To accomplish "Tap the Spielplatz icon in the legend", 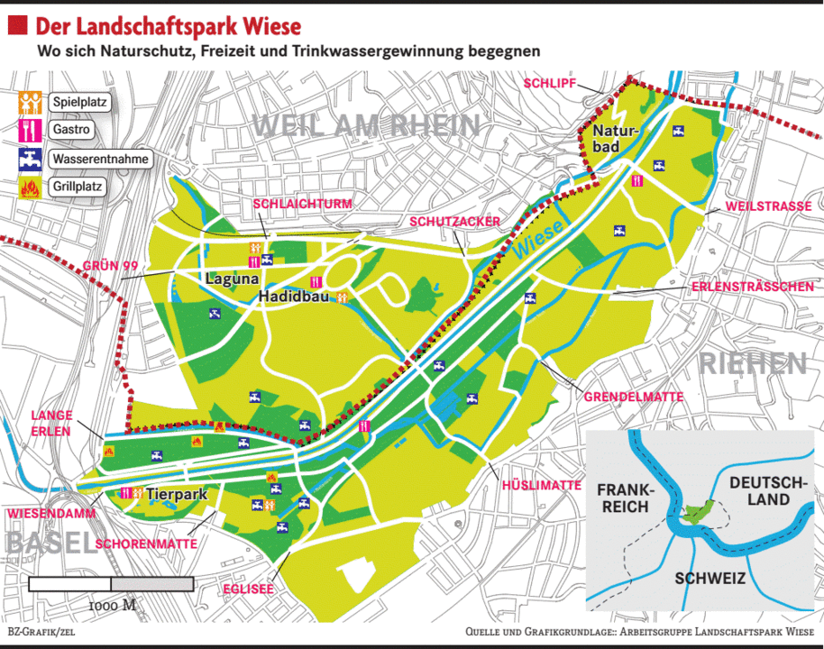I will click(x=30, y=102).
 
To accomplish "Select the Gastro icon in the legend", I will click(x=30, y=130).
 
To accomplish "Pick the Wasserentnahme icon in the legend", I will click(x=30, y=160).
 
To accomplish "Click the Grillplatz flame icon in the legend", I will click(x=30, y=188).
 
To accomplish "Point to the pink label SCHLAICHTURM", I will click(x=302, y=204).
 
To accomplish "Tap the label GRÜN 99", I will click(x=110, y=266).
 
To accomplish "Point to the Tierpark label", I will click(x=177, y=494).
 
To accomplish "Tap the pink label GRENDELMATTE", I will click(x=633, y=397).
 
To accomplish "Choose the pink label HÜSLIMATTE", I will click(x=541, y=485).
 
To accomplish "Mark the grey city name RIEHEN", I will click(x=752, y=363).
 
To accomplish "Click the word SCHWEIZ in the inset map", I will click(x=710, y=579).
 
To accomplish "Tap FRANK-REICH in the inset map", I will click(x=622, y=498).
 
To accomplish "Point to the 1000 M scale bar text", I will click(x=112, y=605).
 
